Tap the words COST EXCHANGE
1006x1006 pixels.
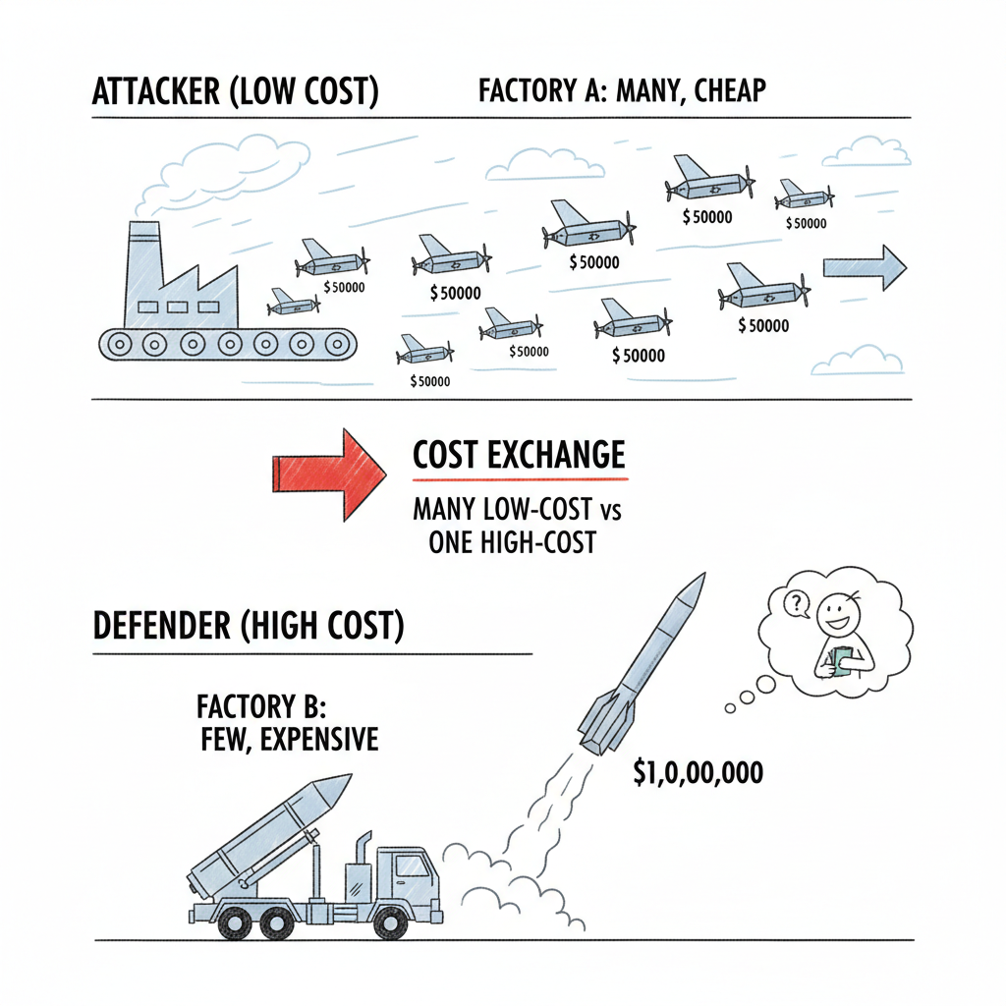point(519,455)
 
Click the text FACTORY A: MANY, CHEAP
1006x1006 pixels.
point(622,91)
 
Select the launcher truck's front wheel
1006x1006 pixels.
point(391,922)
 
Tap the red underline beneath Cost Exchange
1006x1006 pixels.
point(519,479)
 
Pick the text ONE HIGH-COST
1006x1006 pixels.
point(512,541)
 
